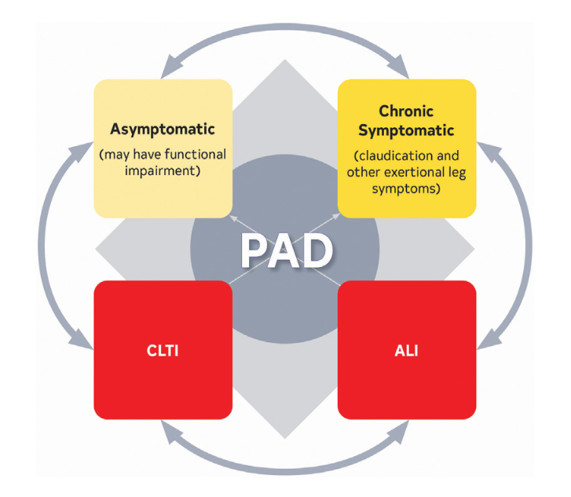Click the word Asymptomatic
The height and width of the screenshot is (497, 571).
tap(163, 128)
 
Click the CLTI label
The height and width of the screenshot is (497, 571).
tap(163, 350)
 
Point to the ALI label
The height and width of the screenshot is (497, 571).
tap(406, 350)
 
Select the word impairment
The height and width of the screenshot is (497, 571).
tap(163, 171)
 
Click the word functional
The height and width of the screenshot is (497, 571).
tap(194, 154)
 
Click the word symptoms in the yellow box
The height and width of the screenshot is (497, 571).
tap(406, 189)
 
